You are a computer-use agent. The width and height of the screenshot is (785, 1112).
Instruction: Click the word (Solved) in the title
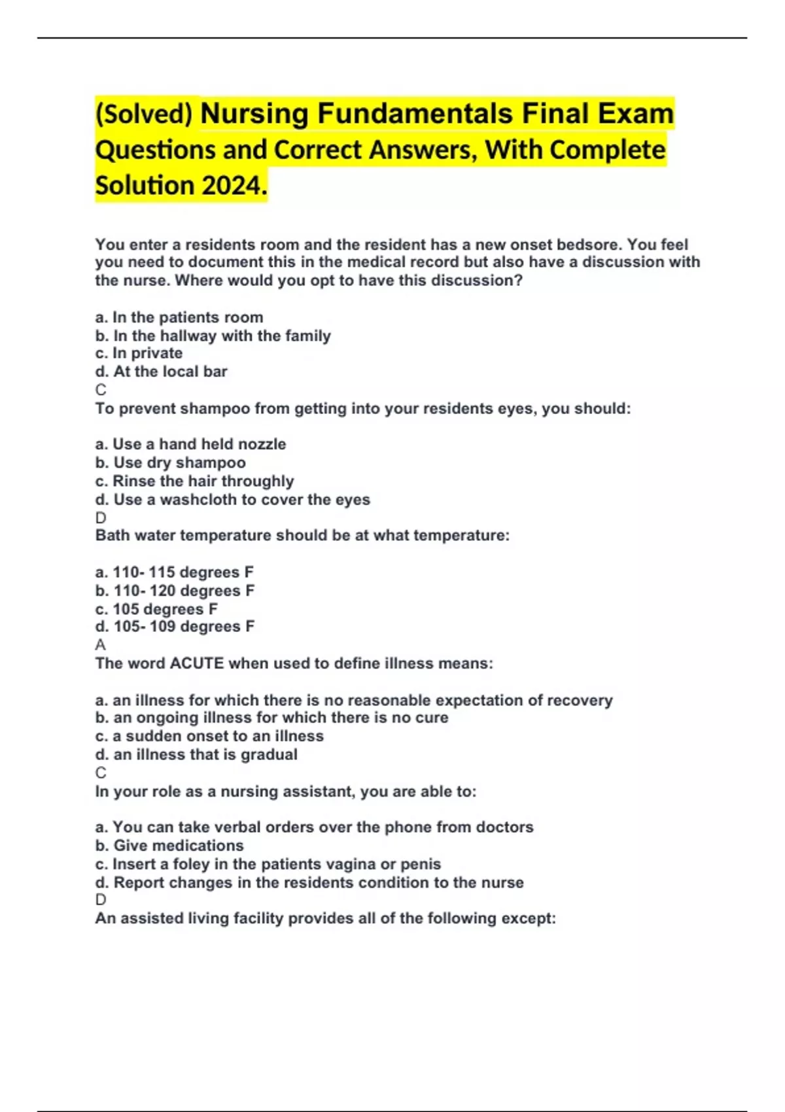(x=144, y=114)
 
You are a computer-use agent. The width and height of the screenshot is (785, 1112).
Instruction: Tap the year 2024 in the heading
(x=232, y=186)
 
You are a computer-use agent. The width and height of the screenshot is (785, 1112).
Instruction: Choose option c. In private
(x=139, y=353)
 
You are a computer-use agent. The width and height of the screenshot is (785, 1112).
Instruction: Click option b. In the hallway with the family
(x=213, y=336)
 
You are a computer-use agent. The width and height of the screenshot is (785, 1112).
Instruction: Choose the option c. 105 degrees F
(x=156, y=609)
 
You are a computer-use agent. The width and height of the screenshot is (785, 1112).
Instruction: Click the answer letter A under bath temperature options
(x=100, y=645)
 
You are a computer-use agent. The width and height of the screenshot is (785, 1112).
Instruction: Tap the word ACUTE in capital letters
(x=197, y=663)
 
